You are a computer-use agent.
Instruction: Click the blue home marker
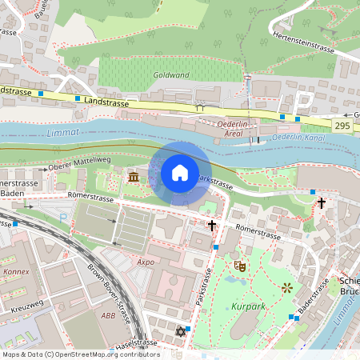tap(180, 173)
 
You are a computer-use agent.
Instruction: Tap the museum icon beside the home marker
tap(133, 175)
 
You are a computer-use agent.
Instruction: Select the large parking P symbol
tap(303, 102)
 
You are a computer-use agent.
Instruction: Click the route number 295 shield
tap(342, 126)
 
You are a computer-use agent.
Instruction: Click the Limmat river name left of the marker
tap(63, 132)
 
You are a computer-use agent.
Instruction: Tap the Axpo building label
tap(145, 261)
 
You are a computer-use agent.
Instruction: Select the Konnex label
tap(16, 271)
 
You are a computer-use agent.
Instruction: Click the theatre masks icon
tap(238, 266)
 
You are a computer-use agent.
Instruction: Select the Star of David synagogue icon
tap(178, 330)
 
